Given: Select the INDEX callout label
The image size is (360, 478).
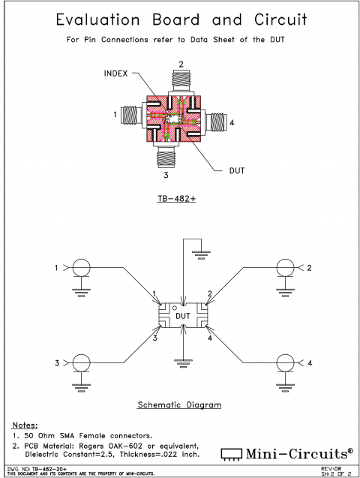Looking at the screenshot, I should [117, 73].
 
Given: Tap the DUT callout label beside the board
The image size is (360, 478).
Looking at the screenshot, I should [237, 170].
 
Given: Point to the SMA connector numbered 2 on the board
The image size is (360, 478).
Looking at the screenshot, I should [181, 80].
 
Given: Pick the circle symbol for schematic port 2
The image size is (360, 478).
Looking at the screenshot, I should [284, 268].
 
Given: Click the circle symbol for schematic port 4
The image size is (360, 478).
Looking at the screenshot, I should [284, 363].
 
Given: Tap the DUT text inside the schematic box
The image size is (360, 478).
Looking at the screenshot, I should [183, 316].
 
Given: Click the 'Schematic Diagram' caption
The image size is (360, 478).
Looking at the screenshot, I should [179, 405].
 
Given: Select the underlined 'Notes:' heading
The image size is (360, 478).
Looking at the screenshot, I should [26, 424].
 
